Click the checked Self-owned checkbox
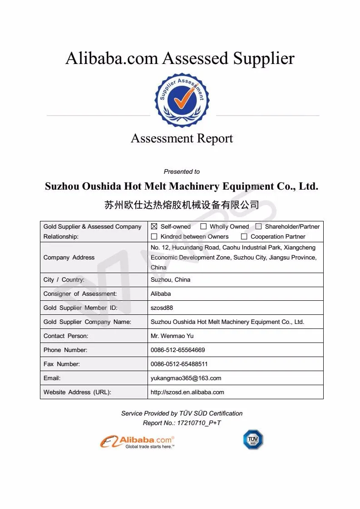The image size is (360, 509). click(154, 226)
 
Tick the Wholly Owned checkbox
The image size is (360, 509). click(203, 226)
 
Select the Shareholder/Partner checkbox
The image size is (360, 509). click(259, 226)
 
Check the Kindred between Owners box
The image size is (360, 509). click(154, 236)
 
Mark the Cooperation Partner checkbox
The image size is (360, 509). click(244, 236)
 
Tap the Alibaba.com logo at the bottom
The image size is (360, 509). click(138, 441)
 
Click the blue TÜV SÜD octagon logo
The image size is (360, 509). click(253, 440)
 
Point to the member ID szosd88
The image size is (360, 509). click(162, 308)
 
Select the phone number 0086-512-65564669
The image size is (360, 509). click(178, 350)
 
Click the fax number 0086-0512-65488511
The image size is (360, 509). click(179, 364)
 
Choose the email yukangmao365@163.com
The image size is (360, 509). click(186, 378)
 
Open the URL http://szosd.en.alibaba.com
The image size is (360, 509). click(187, 392)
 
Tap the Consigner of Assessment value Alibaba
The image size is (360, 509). click(161, 294)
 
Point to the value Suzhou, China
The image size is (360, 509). click(170, 279)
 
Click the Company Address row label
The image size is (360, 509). click(69, 257)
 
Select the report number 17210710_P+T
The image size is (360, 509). click(195, 423)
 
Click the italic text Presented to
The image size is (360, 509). click(182, 171)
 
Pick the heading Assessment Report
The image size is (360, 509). click(182, 138)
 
